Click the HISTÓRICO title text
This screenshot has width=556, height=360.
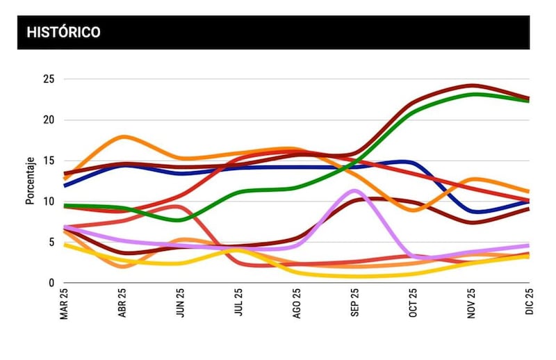coord(63,33)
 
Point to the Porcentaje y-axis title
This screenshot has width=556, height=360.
coord(30,181)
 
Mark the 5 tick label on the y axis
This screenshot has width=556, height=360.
coord(51,243)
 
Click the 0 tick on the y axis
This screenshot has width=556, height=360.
coord(51,283)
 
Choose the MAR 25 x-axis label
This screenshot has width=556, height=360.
coord(65,305)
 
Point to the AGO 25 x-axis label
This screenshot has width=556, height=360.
coord(297,305)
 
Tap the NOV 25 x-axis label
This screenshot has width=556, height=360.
coord(472,305)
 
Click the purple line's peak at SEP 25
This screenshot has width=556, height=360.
coord(354,190)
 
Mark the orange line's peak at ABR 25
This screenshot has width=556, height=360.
coord(124,137)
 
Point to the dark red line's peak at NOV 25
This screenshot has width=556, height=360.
coord(472,85)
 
